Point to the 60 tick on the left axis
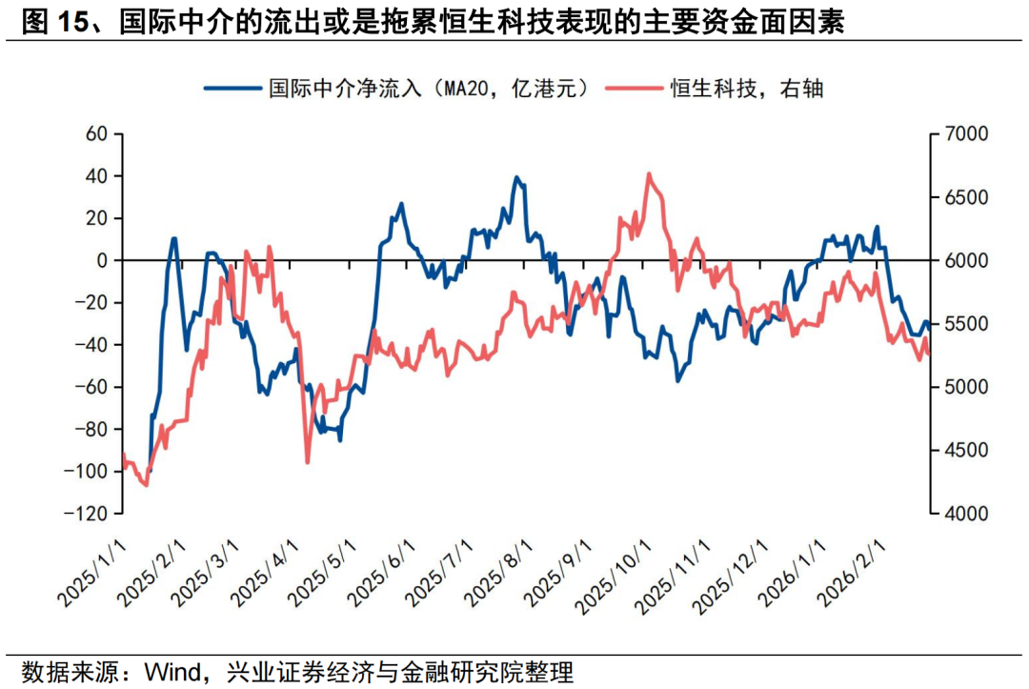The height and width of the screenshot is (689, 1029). [x=97, y=134]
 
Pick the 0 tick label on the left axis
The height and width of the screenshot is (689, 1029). [x=104, y=260]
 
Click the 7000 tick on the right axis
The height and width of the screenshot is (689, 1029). [x=966, y=134]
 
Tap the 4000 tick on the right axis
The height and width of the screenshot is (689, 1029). [x=966, y=514]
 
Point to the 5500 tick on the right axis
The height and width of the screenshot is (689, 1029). [x=966, y=324]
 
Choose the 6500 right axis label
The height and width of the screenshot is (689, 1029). [x=966, y=197]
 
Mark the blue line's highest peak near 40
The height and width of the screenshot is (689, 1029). [x=516, y=177]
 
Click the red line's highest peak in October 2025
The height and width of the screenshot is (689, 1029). [x=649, y=173]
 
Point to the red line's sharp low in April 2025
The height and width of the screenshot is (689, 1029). [x=307, y=463]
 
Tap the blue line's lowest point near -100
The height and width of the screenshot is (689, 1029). [x=150, y=471]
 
